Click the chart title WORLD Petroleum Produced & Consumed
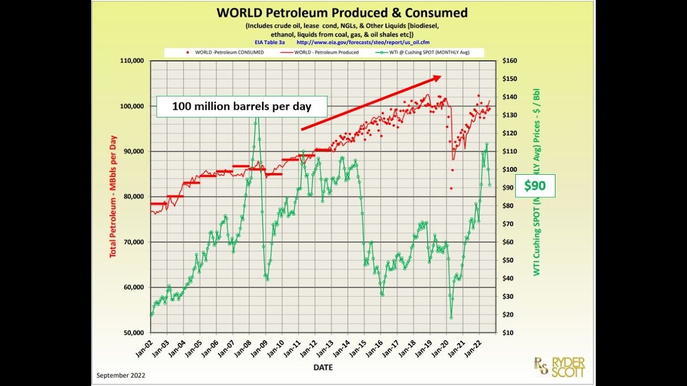[x=342, y=13]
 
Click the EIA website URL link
[x=363, y=42]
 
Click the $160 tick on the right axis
[x=509, y=61]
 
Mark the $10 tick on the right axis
[x=507, y=332]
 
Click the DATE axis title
[x=323, y=368]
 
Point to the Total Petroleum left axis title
[x=113, y=196]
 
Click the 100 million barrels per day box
[x=242, y=106]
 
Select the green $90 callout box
[x=535, y=186]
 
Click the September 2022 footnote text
[x=121, y=376]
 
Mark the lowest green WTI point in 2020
[x=451, y=318]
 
